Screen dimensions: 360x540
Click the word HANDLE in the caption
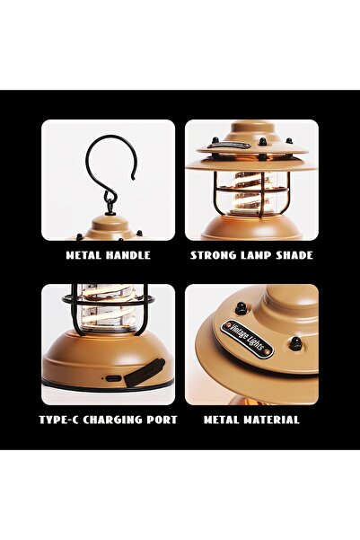point(127,255)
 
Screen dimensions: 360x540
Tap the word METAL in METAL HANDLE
point(83,255)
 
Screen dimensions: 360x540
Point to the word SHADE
point(295,255)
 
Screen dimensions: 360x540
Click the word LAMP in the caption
point(258,255)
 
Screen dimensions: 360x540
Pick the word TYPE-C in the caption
point(59,420)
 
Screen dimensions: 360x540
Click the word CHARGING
point(112,420)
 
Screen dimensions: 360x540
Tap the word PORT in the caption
point(162,420)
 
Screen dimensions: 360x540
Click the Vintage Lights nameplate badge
point(247,340)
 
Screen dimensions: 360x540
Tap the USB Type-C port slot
point(113,378)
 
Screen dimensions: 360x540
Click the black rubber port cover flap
point(145,373)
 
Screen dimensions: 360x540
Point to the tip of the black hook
point(133,179)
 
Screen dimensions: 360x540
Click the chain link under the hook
point(110,204)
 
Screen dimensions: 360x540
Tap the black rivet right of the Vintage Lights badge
point(294,343)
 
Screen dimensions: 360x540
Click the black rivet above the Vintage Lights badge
point(241,307)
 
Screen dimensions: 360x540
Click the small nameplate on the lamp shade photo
point(229,145)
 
